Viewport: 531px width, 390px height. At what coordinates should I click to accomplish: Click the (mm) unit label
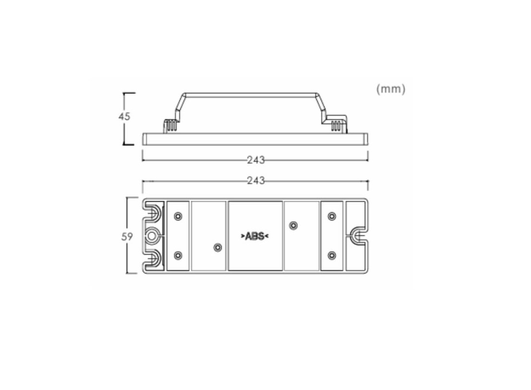point(391,89)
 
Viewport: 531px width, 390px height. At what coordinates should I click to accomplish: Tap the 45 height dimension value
point(124,117)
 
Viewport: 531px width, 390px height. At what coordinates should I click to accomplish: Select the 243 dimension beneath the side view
point(256,160)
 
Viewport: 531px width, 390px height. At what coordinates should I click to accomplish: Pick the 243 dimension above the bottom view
point(256,180)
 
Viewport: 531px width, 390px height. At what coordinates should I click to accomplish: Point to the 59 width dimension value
point(127,236)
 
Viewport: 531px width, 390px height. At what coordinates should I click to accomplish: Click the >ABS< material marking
point(255,236)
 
